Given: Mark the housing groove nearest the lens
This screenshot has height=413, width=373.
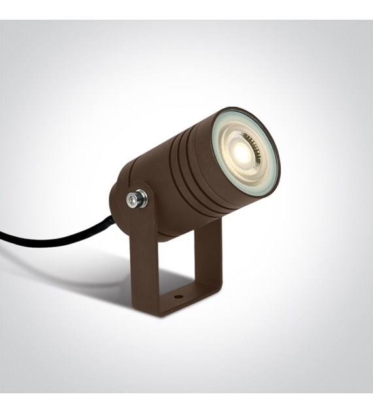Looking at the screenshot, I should (204, 164).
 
